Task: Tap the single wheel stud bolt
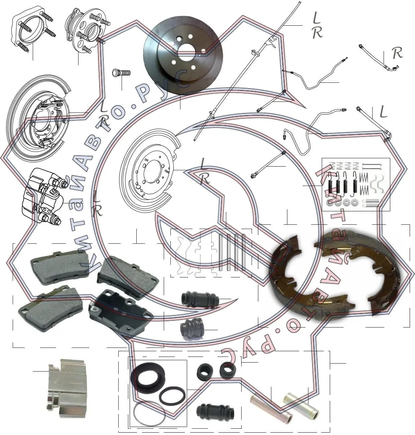click(121, 72)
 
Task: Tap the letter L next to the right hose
click(383, 112)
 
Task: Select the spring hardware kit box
click(356, 184)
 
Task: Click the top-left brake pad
click(60, 267)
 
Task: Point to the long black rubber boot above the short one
click(200, 299)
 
